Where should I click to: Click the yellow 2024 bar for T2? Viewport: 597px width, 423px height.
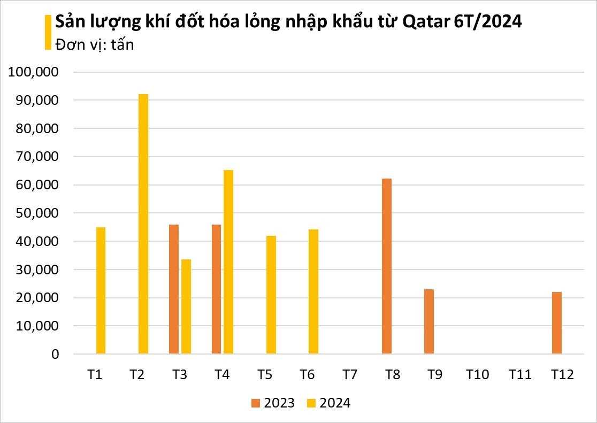[x=143, y=224]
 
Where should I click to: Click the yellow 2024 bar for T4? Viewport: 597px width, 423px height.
[x=228, y=262]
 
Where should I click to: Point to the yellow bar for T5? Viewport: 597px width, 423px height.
[x=271, y=295]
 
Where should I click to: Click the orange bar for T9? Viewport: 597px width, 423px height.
[x=429, y=321]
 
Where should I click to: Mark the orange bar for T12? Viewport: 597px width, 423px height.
[x=557, y=323]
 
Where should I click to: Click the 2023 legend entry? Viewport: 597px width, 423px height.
[x=273, y=403]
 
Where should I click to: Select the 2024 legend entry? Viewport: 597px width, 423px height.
[x=329, y=403]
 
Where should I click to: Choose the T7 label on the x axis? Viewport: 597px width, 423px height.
[x=349, y=375]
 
